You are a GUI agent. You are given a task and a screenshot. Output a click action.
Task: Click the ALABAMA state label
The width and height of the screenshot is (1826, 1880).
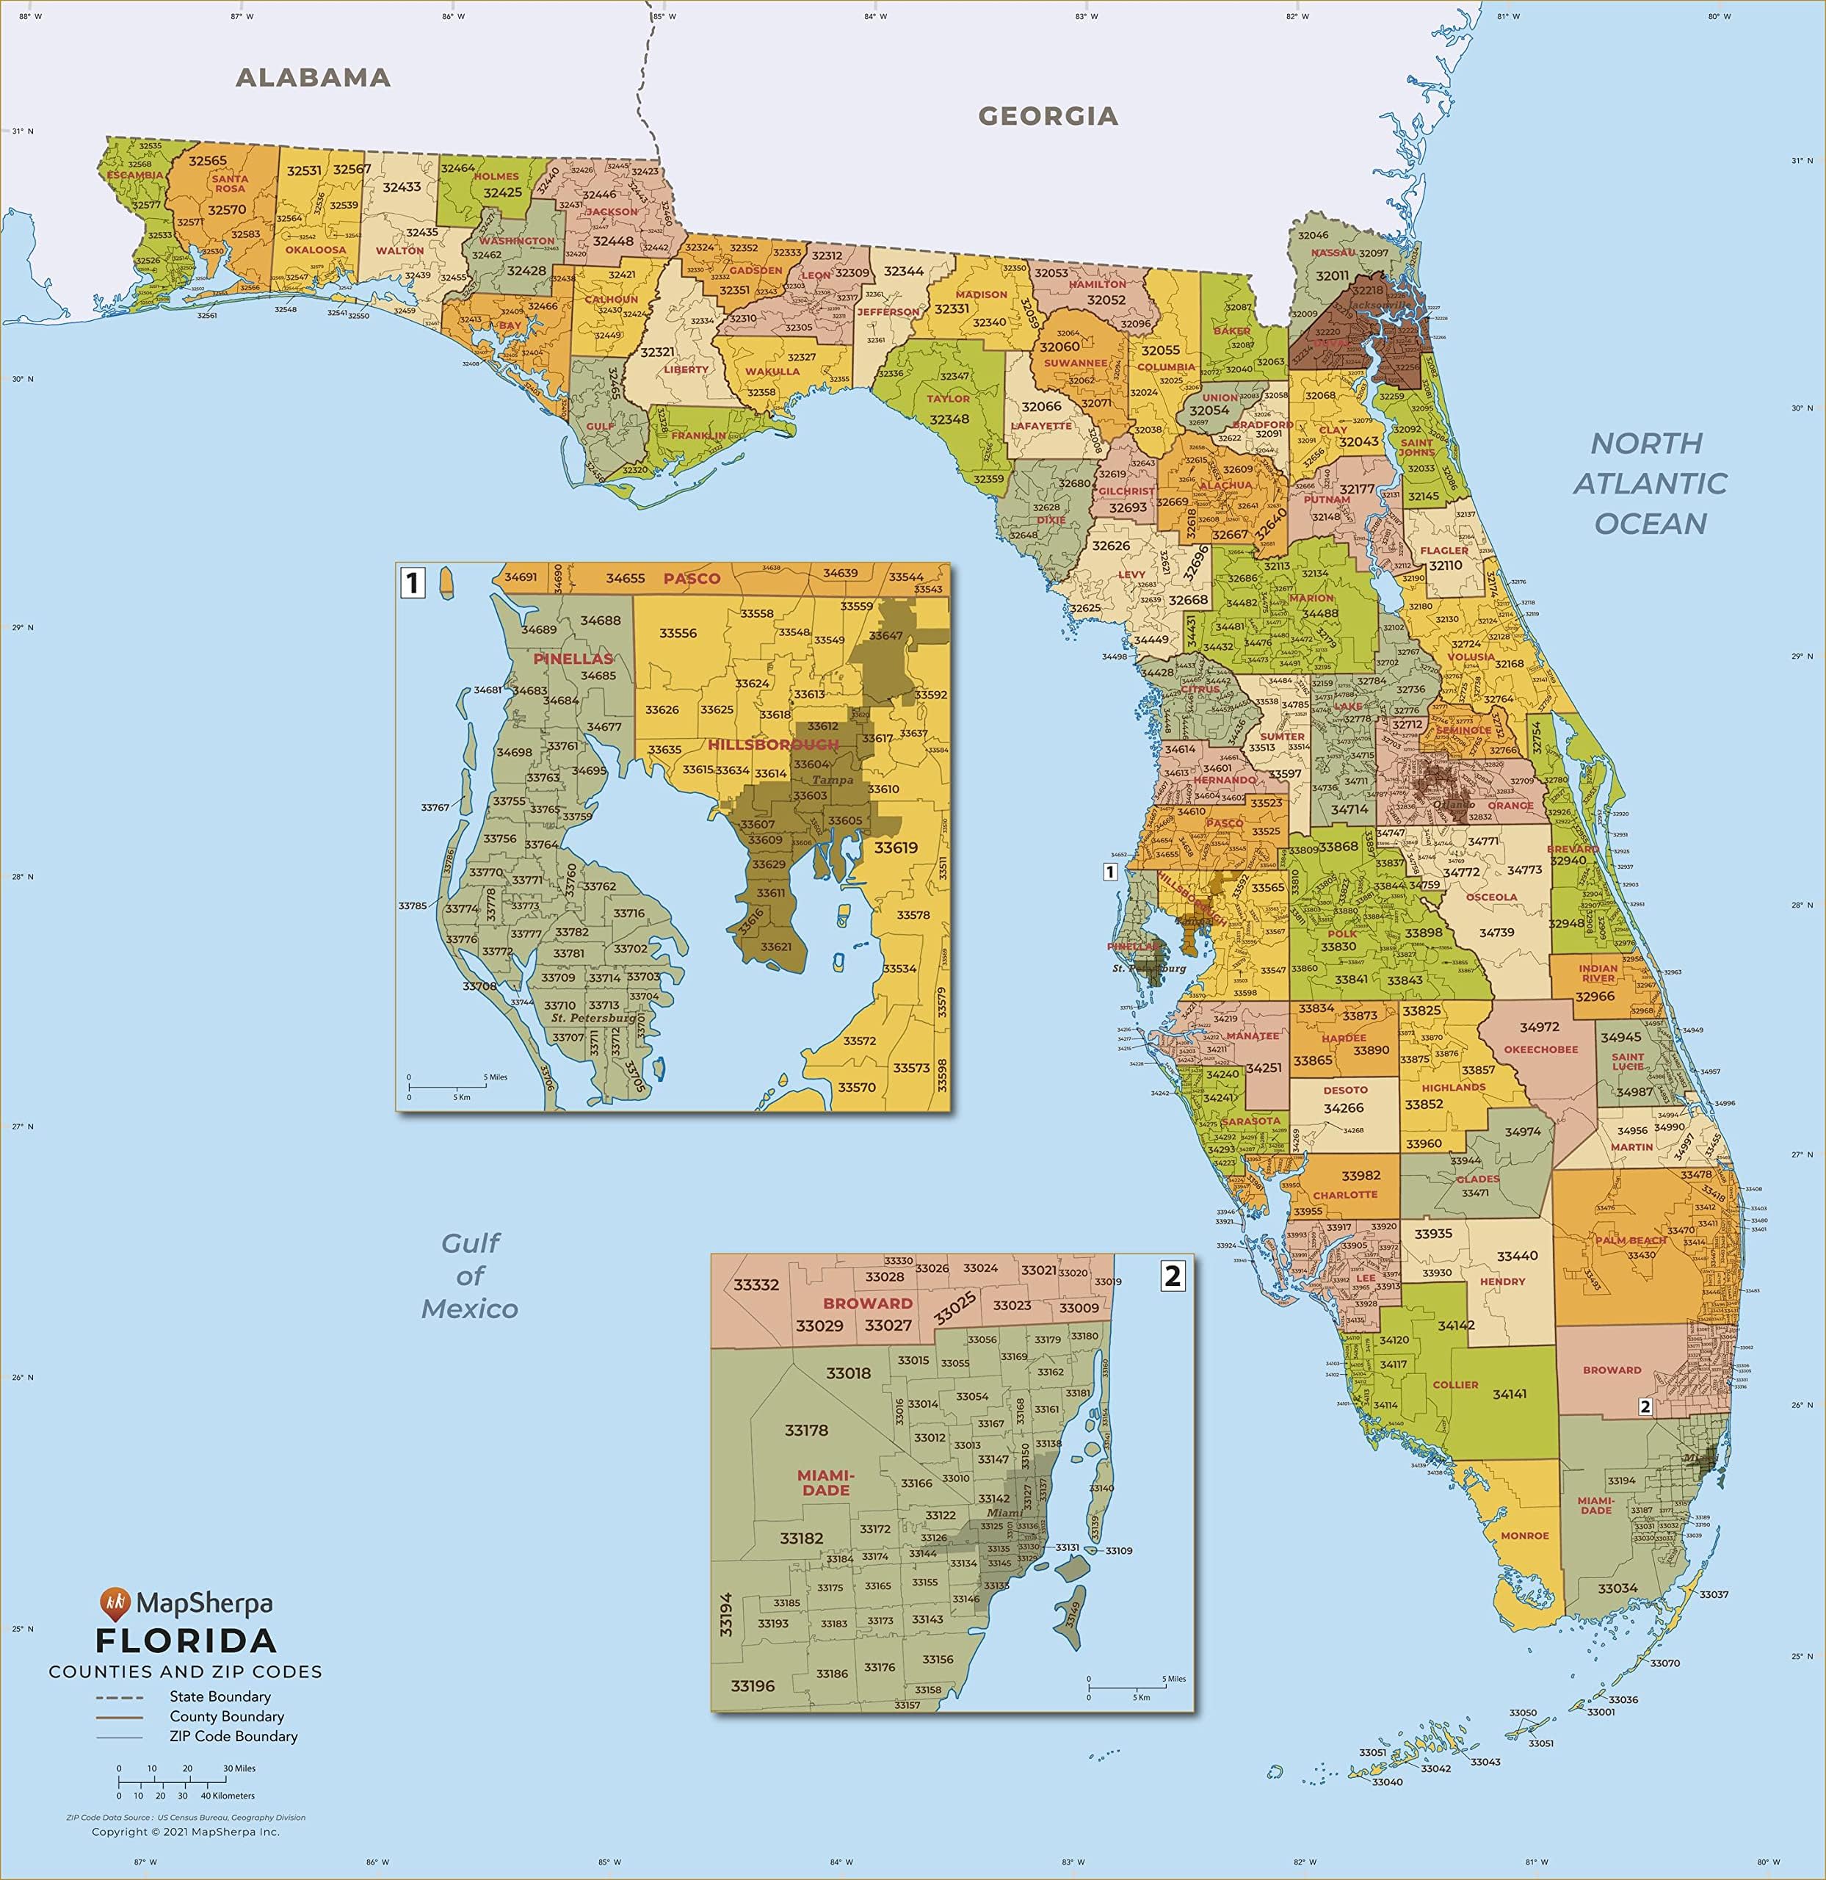point(313,78)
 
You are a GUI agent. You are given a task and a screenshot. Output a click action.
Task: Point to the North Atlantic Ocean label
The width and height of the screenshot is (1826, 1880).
point(1650,483)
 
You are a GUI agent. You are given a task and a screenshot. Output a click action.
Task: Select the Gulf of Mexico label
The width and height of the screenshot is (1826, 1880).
point(470,1276)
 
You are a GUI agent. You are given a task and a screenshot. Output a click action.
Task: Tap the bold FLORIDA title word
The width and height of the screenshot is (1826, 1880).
point(186,1639)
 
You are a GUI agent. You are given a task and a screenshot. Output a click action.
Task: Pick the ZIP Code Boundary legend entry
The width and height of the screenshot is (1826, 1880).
point(233,1736)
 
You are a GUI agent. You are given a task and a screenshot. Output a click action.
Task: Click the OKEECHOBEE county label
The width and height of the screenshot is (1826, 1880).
point(1540,1049)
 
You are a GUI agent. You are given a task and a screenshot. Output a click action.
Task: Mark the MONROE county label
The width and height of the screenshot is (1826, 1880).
point(1525,1536)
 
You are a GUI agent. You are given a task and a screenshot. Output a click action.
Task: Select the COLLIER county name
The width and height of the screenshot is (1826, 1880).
point(1455,1385)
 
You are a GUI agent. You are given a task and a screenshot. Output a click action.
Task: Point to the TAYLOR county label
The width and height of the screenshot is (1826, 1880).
point(949,398)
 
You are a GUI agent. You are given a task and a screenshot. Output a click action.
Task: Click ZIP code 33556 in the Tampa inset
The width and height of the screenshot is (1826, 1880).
point(678,633)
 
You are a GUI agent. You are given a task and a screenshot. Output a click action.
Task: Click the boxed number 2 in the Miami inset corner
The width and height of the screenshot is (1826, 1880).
point(1172,1276)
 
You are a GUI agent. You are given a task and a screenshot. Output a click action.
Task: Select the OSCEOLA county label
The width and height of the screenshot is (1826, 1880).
point(1491,897)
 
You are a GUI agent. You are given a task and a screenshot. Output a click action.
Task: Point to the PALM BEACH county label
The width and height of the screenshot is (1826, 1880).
point(1631,1240)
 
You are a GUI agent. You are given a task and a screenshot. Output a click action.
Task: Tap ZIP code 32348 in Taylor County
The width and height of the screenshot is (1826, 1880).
point(949,419)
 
